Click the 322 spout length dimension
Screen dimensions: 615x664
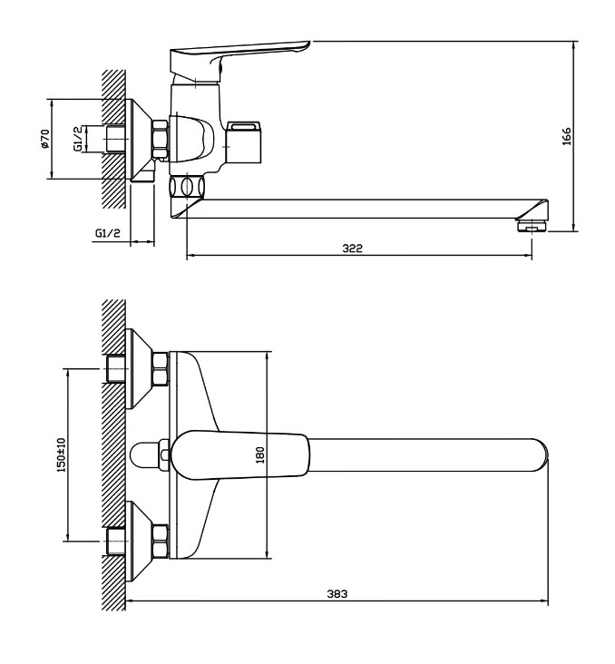point(352,248)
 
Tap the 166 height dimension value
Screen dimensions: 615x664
point(567,136)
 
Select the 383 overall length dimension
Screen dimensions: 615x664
point(337,594)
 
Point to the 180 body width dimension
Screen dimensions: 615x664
point(260,454)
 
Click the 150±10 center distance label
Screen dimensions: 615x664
point(62,454)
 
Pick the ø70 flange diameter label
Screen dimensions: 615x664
point(44,139)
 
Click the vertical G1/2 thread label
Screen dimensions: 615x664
point(78,139)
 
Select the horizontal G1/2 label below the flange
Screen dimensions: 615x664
point(108,232)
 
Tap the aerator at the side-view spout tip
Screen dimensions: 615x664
point(532,225)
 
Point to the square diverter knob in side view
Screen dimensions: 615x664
point(243,142)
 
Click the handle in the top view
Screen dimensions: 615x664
point(240,455)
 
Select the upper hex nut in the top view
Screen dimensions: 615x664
point(161,369)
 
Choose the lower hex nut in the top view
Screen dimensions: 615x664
point(161,542)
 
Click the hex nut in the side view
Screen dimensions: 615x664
point(161,140)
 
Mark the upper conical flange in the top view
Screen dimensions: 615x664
point(139,369)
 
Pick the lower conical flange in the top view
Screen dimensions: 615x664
point(139,542)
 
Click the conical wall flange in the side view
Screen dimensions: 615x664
point(139,140)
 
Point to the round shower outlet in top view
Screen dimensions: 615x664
point(144,455)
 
